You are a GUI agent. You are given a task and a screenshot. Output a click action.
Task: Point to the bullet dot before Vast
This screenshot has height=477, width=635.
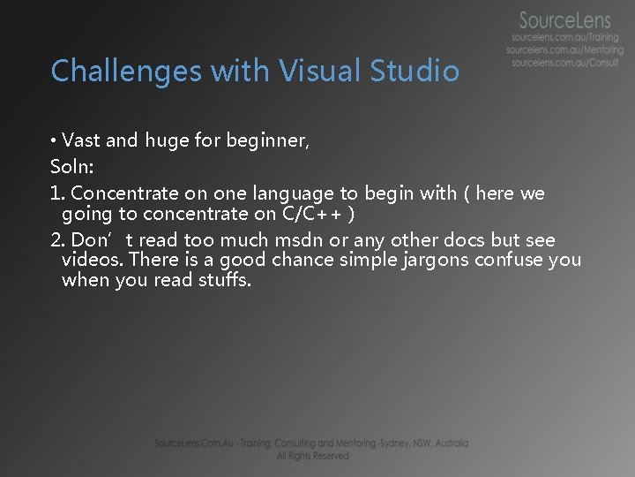click(x=55, y=140)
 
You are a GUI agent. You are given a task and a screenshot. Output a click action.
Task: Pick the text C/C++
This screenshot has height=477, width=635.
click(x=313, y=214)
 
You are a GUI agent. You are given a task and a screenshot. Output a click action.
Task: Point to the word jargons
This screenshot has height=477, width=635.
click(x=436, y=260)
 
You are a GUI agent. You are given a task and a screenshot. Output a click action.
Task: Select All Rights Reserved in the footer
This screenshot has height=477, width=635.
click(x=312, y=456)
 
